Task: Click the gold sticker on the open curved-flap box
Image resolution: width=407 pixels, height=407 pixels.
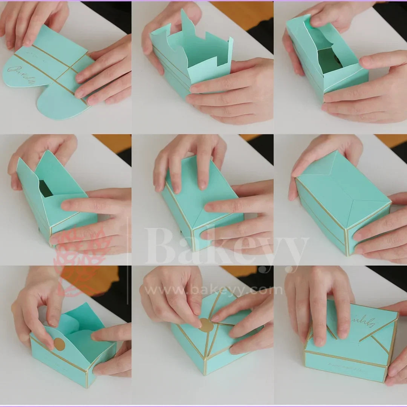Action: click(59, 344)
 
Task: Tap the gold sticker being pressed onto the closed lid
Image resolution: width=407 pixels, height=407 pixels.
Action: click(206, 325)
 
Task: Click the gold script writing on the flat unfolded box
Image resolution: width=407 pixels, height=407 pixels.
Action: click(21, 74)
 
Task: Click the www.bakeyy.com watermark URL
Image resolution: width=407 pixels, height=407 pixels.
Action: click(213, 290)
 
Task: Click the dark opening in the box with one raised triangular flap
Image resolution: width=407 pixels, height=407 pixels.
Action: click(45, 188)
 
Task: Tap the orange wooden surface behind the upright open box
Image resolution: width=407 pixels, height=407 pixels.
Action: click(241, 15)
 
